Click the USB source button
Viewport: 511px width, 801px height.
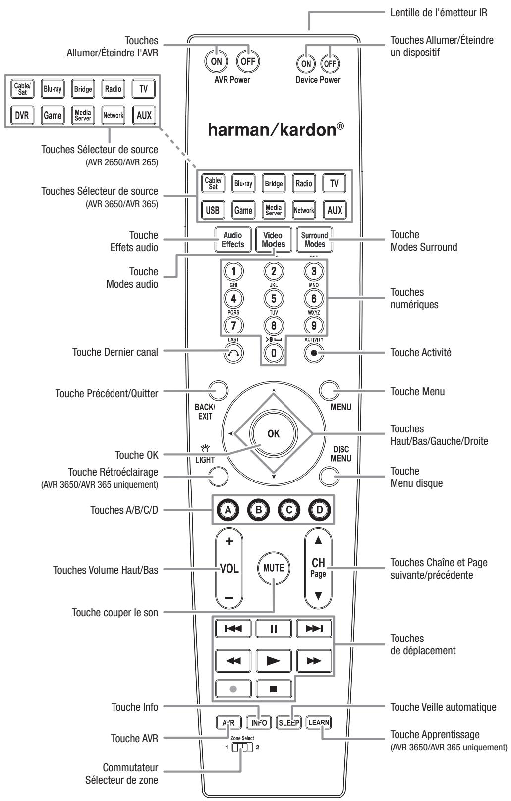(x=212, y=210)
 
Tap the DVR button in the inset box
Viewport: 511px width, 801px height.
(x=21, y=115)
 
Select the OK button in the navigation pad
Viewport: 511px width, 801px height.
(x=273, y=433)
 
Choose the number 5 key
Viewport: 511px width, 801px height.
(x=273, y=298)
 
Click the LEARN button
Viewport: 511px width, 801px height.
(x=318, y=722)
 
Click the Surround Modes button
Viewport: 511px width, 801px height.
(x=314, y=240)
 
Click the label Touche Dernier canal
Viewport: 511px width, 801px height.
(x=114, y=352)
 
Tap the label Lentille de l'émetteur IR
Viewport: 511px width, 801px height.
(x=440, y=13)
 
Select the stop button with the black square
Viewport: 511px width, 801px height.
(x=273, y=688)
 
